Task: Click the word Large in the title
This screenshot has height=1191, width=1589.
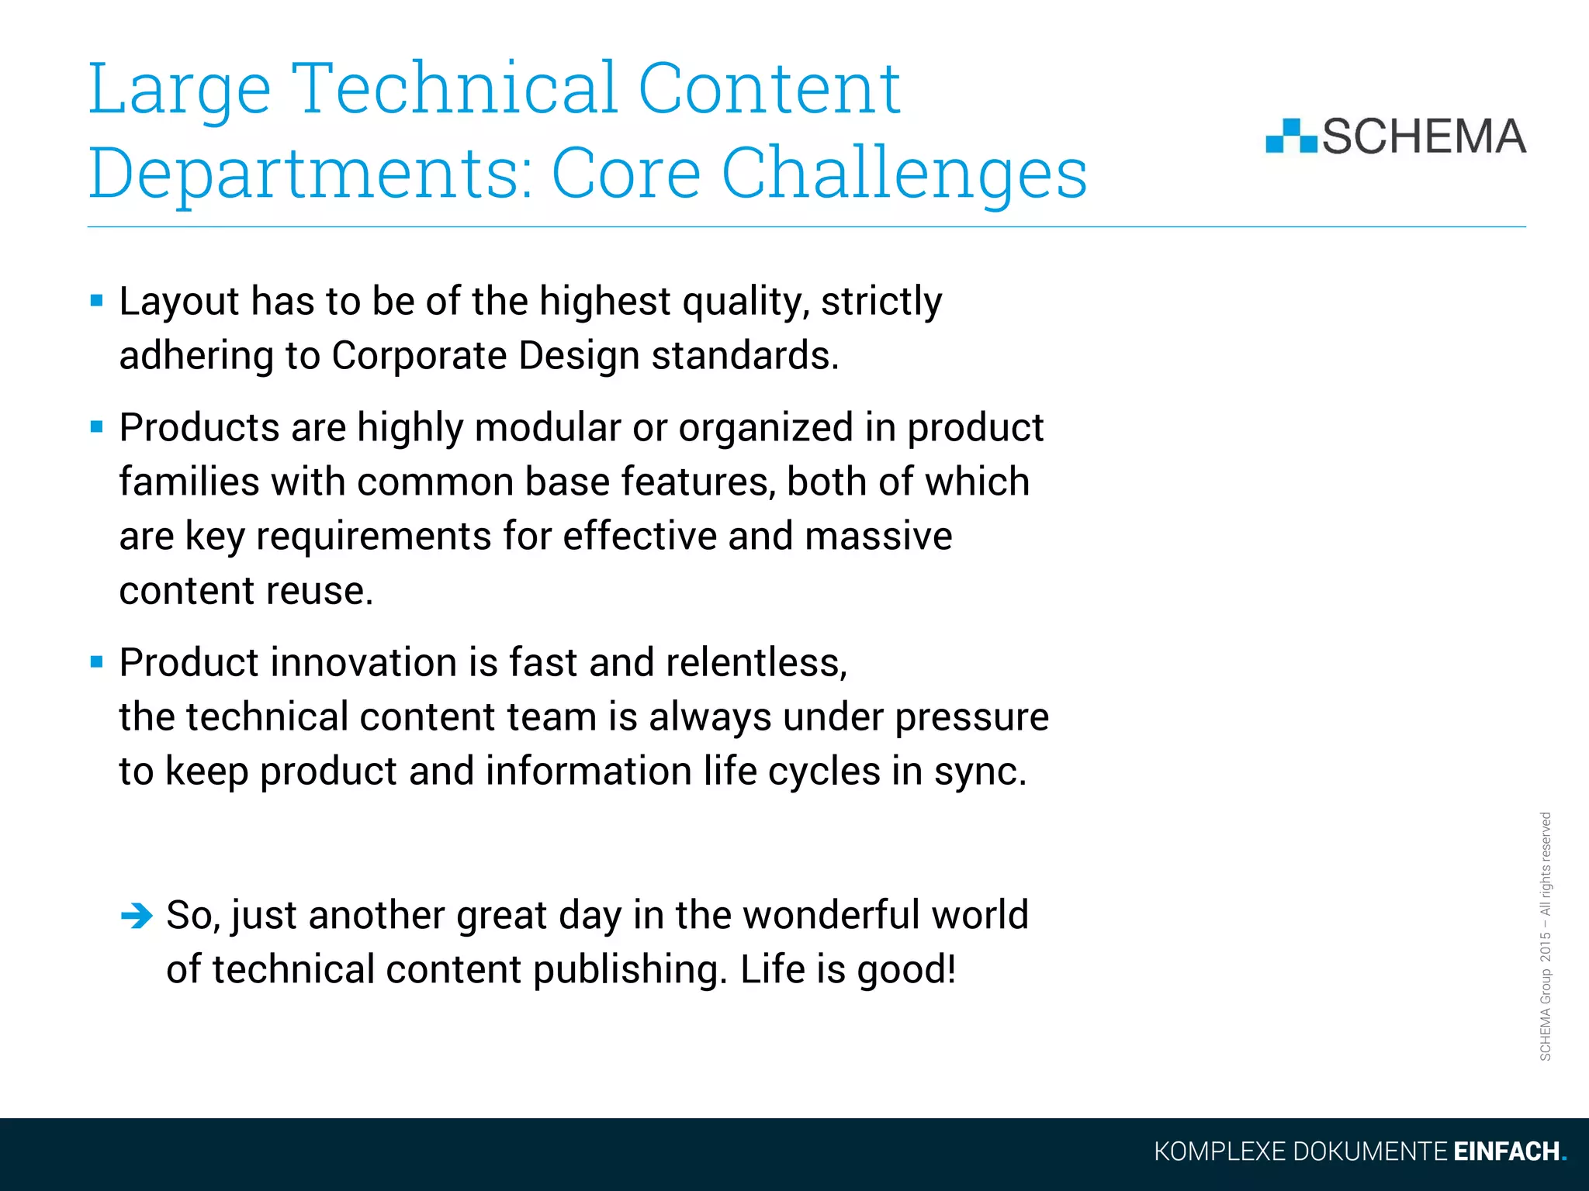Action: click(179, 91)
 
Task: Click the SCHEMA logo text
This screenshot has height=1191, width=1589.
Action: click(1424, 136)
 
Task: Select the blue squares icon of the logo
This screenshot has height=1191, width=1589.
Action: click(1291, 136)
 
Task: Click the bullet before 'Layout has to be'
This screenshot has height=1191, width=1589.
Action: click(97, 301)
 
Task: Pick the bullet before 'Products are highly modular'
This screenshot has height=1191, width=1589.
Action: click(97, 426)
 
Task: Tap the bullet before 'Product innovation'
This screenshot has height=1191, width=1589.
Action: click(97, 661)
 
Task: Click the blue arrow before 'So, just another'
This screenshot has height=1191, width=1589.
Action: click(137, 916)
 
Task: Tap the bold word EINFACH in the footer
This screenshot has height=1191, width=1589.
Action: click(1506, 1151)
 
